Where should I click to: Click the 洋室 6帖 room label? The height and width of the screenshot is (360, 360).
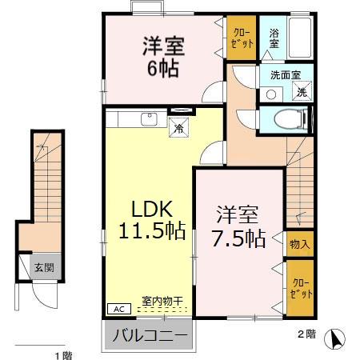(164, 56)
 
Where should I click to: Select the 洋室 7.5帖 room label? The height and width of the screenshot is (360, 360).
(240, 226)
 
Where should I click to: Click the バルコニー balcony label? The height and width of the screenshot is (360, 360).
(150, 334)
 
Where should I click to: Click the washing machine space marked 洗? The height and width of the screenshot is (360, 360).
(302, 93)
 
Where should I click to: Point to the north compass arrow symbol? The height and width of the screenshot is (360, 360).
(338, 338)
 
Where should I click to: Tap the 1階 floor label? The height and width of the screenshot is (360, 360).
(61, 354)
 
